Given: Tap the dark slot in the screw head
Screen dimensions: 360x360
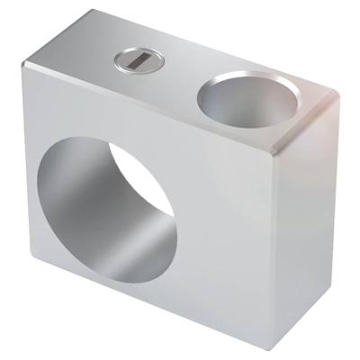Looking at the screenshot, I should pos(138,61).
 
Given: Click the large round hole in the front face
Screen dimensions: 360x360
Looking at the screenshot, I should pos(105,206).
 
